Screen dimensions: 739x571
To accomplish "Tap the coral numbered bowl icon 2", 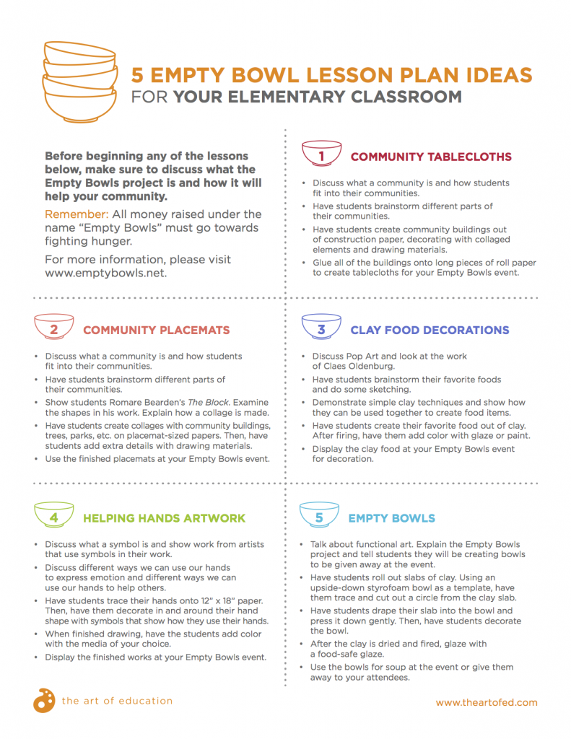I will tap(54, 329).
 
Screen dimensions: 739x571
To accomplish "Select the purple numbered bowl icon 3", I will tap(321, 329).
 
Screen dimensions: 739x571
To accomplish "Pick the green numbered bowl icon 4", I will tap(54, 517).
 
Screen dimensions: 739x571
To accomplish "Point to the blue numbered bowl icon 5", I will tap(320, 517).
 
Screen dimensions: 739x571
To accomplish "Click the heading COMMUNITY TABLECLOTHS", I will tap(431, 157).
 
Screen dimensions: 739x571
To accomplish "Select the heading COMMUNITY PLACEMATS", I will tap(156, 331).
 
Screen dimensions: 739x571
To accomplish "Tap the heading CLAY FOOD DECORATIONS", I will tap(430, 331).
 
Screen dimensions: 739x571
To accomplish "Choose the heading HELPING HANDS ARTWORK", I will tap(164, 518).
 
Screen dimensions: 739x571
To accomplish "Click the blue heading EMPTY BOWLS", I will tap(391, 518).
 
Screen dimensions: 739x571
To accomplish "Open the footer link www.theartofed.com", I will tap(487, 702).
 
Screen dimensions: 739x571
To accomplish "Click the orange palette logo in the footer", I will tap(43, 700).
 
